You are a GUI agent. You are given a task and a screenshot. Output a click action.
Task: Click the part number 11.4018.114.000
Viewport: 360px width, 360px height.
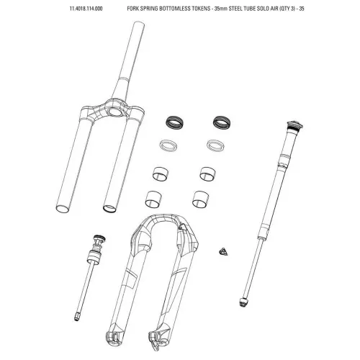(86, 9)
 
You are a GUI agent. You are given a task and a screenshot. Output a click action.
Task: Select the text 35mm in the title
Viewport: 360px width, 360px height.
(221, 9)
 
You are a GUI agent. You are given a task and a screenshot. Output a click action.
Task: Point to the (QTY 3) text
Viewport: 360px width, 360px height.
(287, 9)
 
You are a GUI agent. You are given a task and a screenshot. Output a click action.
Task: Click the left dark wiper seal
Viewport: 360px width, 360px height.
(174, 122)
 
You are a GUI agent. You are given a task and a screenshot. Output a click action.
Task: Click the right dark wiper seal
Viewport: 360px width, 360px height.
(222, 122)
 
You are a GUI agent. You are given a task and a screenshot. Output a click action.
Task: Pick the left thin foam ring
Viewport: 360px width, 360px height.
(168, 145)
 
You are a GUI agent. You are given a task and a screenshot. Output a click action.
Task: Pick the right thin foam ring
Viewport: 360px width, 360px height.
(215, 145)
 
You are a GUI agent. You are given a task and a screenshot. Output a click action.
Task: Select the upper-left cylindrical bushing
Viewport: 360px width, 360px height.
(161, 174)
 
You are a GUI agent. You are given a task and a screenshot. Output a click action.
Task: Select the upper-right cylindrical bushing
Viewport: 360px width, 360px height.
(207, 174)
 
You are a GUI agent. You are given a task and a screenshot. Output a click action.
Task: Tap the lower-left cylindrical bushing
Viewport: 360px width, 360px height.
(153, 199)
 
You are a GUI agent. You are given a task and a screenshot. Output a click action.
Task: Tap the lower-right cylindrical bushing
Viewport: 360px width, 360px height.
(200, 199)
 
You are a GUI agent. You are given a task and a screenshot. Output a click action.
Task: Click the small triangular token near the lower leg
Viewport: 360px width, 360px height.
(223, 252)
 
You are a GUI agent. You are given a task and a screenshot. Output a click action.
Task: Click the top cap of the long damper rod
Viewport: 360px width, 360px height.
(294, 125)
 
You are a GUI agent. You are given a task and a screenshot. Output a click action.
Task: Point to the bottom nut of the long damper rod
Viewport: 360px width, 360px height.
(243, 302)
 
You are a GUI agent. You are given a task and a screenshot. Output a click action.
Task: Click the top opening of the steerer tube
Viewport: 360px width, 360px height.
(138, 24)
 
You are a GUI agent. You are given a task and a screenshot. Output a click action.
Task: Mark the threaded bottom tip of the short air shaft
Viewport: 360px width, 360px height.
(76, 318)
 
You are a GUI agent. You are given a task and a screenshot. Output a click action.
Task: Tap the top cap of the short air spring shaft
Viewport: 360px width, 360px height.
(99, 238)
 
